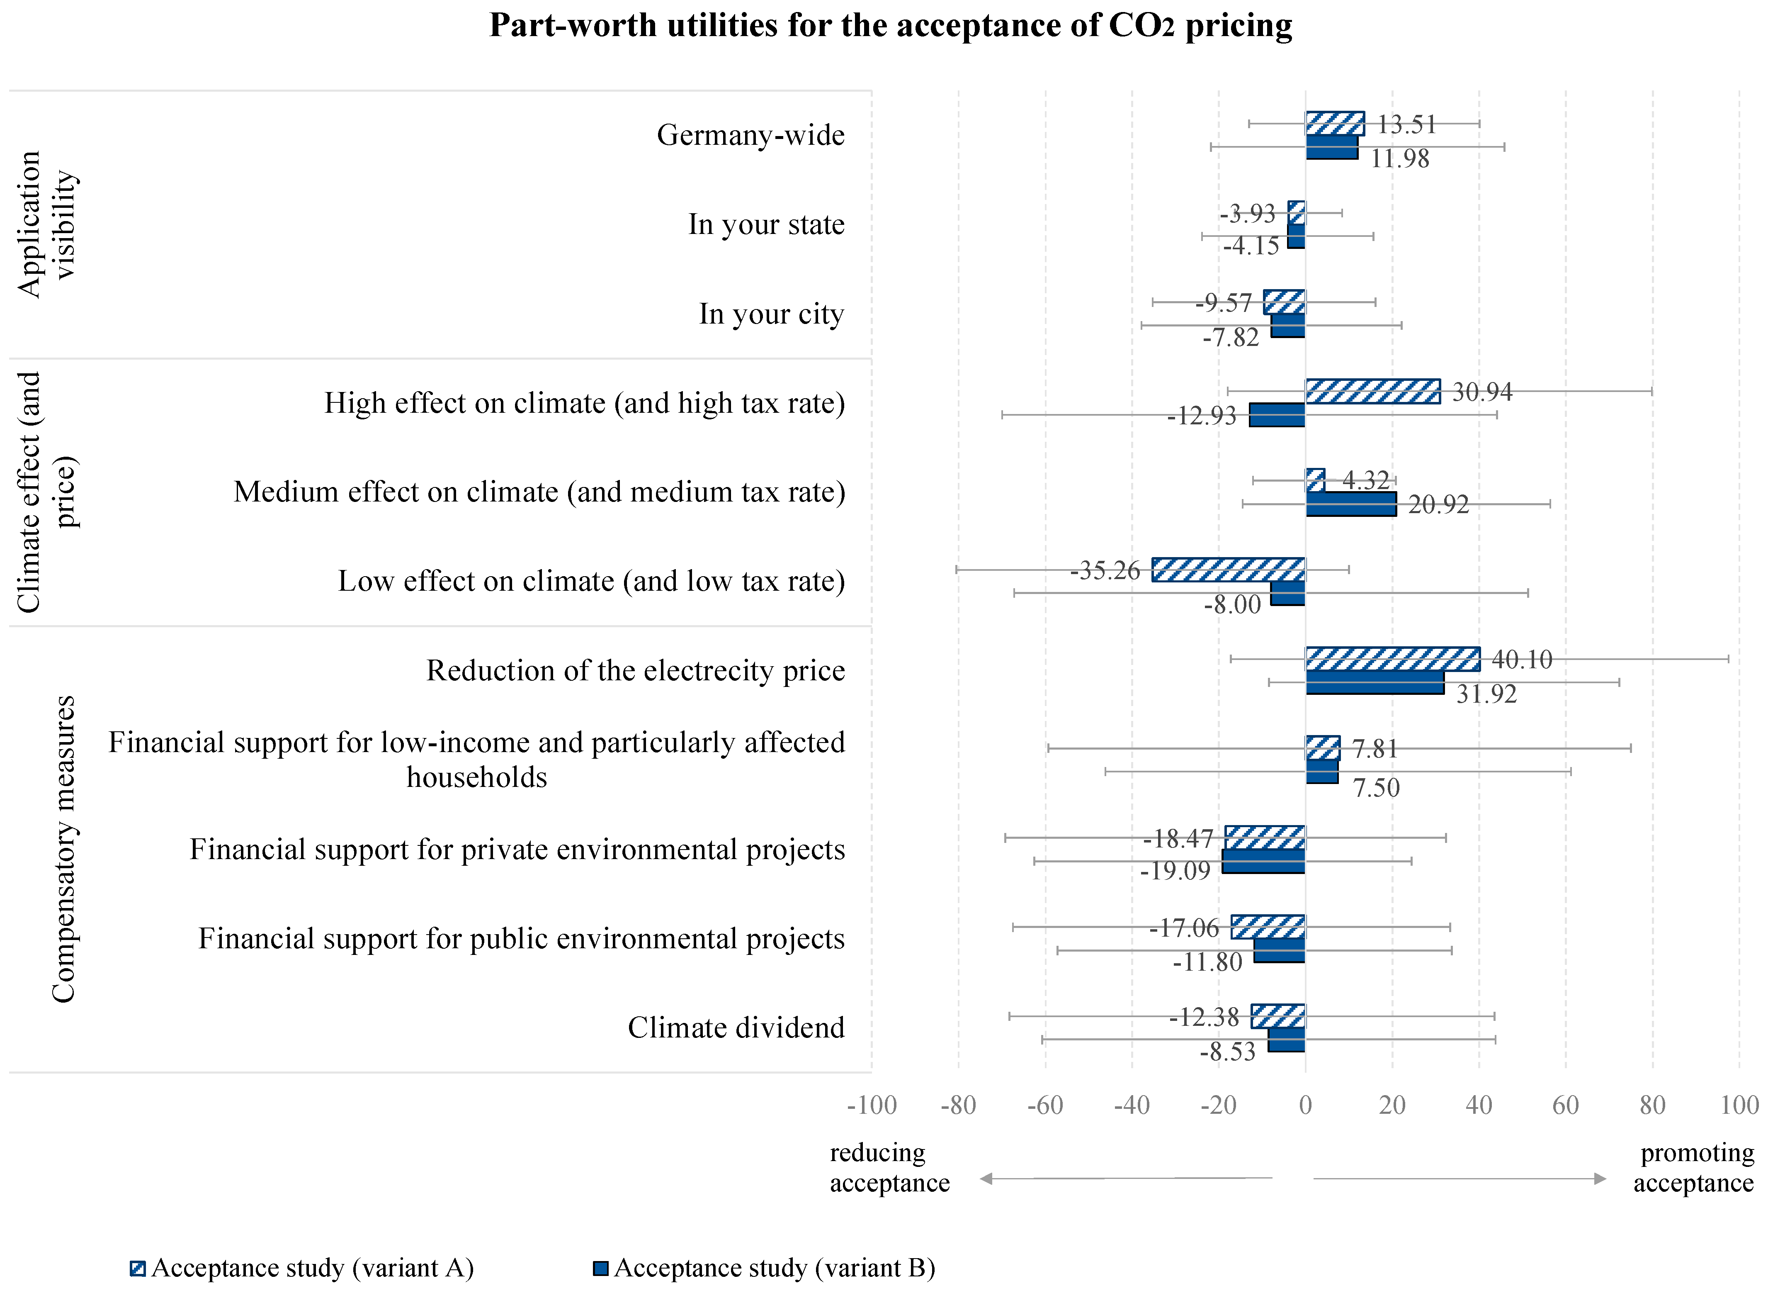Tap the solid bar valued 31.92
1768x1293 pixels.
(1375, 682)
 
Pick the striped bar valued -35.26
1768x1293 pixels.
(1228, 570)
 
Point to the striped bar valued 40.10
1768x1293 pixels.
(1392, 659)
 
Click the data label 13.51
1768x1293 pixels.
(1406, 124)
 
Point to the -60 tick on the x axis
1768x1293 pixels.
(1045, 1105)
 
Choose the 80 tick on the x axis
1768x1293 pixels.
(1652, 1105)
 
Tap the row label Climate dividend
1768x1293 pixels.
(736, 1028)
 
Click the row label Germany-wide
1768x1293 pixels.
(750, 135)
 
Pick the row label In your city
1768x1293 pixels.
(771, 314)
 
